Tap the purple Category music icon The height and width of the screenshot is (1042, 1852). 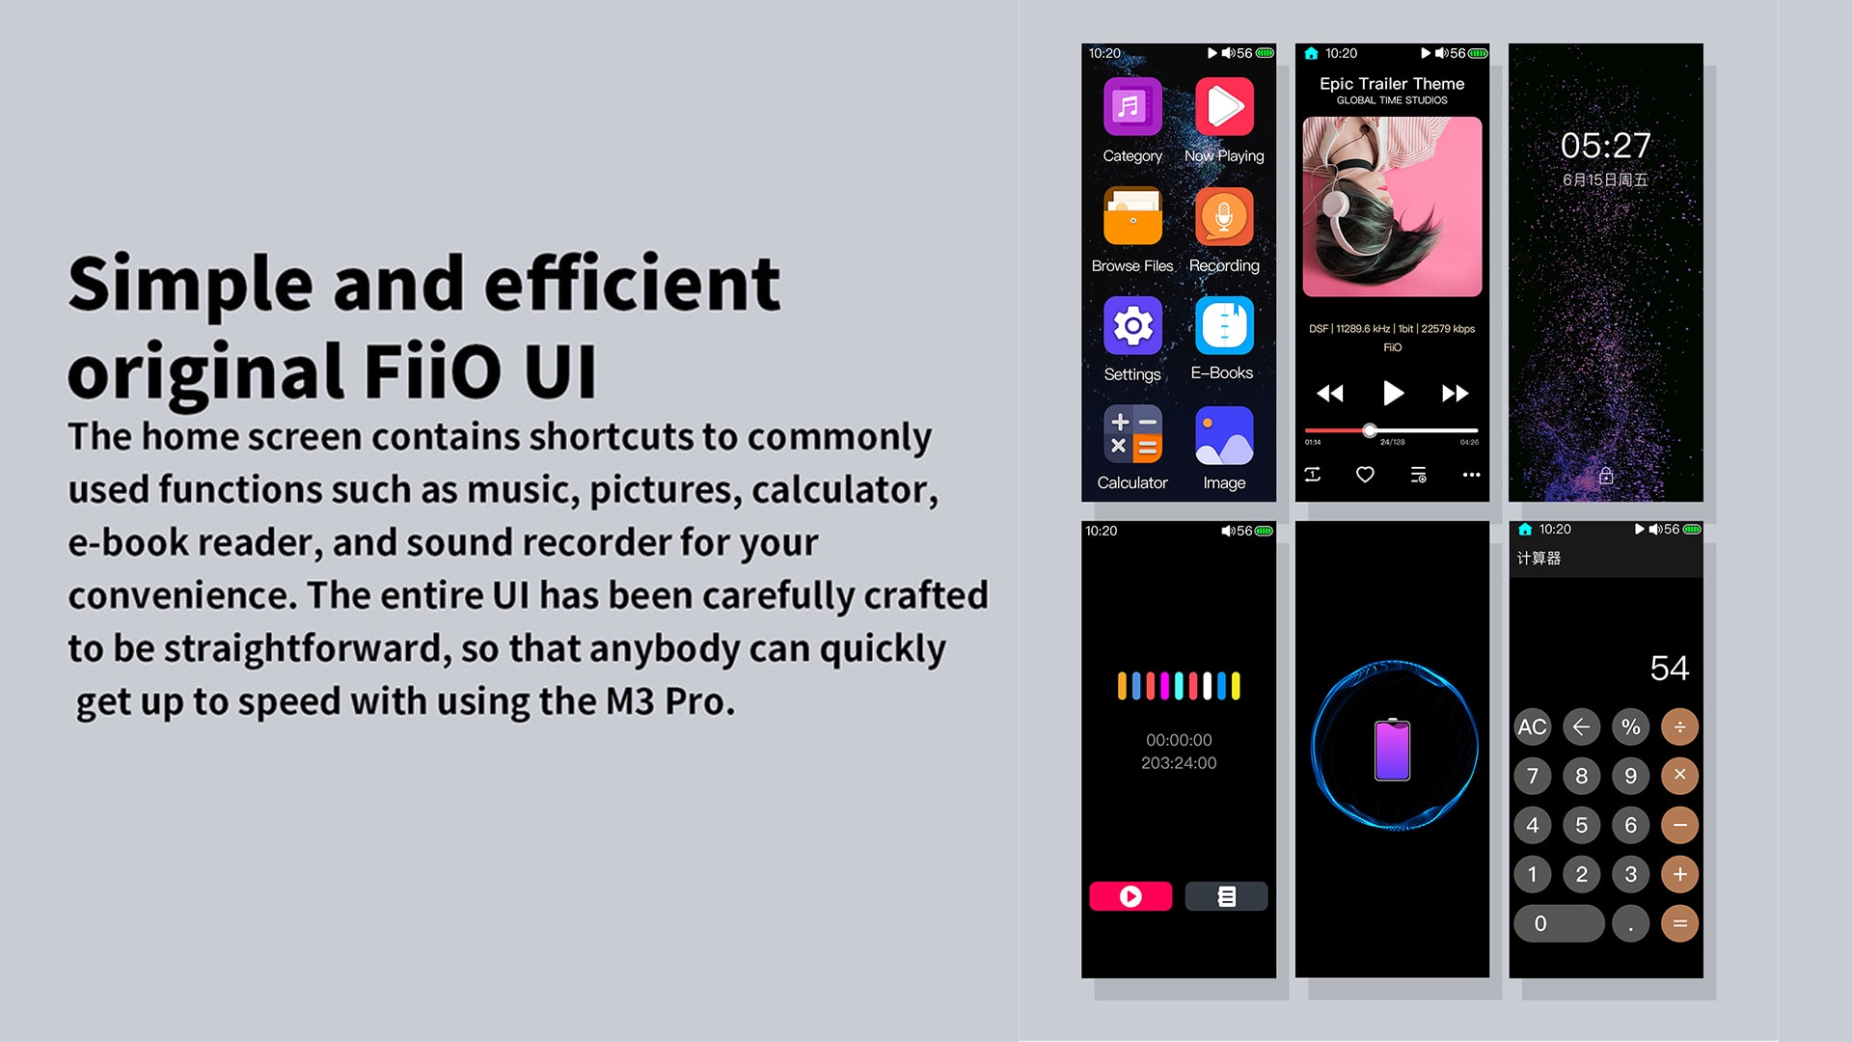point(1132,107)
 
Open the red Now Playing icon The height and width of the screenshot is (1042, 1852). point(1224,107)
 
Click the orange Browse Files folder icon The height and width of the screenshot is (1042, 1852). point(1132,216)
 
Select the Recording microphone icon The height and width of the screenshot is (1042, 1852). point(1224,216)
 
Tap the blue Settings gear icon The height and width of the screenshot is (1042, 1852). point(1132,326)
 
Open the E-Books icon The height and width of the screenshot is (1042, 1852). point(1224,326)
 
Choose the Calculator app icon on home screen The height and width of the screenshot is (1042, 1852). point(1132,435)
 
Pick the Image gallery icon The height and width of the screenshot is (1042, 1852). point(1224,435)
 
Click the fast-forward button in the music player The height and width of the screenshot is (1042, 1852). point(1455,393)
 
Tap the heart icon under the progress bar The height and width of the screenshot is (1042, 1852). point(1365,475)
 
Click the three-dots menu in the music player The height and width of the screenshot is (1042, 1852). point(1471,475)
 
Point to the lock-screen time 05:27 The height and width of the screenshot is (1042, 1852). point(1606,146)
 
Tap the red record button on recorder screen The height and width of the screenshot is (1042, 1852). point(1130,896)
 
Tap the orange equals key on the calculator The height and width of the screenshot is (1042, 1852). point(1679,923)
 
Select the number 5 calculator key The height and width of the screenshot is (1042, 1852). point(1581,825)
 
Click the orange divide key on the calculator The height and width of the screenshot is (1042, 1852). point(1679,727)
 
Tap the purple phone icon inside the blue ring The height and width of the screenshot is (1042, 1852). point(1392,750)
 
